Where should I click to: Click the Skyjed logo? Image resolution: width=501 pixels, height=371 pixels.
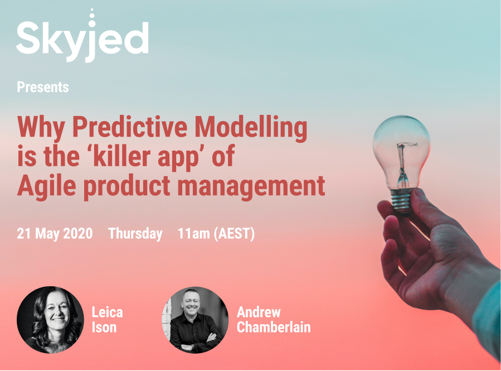(82, 36)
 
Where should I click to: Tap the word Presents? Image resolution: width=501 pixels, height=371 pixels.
(43, 87)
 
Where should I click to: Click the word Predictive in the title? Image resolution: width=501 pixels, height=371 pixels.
(130, 127)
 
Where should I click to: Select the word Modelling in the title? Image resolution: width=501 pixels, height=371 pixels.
(251, 128)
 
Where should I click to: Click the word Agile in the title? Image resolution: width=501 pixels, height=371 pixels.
(47, 186)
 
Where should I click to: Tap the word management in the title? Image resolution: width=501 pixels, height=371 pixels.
(251, 187)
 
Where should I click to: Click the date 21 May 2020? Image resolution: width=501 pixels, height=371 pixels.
(55, 233)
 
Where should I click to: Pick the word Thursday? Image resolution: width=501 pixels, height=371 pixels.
(135, 233)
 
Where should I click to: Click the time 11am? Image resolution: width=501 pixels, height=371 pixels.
(193, 233)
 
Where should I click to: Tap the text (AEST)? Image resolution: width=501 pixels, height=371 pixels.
(234, 233)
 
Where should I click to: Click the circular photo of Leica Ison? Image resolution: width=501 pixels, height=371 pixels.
(50, 320)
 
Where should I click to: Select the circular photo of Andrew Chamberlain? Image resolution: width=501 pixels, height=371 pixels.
(195, 320)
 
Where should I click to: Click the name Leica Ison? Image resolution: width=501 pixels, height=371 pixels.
(107, 320)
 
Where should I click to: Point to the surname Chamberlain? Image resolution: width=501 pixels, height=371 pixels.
(274, 327)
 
